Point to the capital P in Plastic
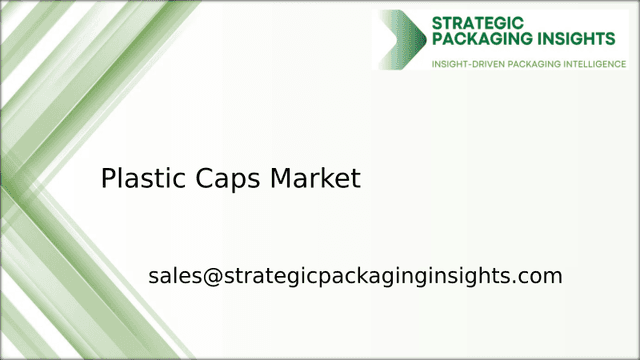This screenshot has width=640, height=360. [x=108, y=179]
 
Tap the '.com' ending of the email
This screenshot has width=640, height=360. [x=541, y=276]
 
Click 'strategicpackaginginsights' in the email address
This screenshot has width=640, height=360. [x=366, y=277]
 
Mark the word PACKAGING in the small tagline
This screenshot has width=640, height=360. [x=525, y=65]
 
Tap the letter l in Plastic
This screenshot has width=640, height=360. [x=122, y=179]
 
